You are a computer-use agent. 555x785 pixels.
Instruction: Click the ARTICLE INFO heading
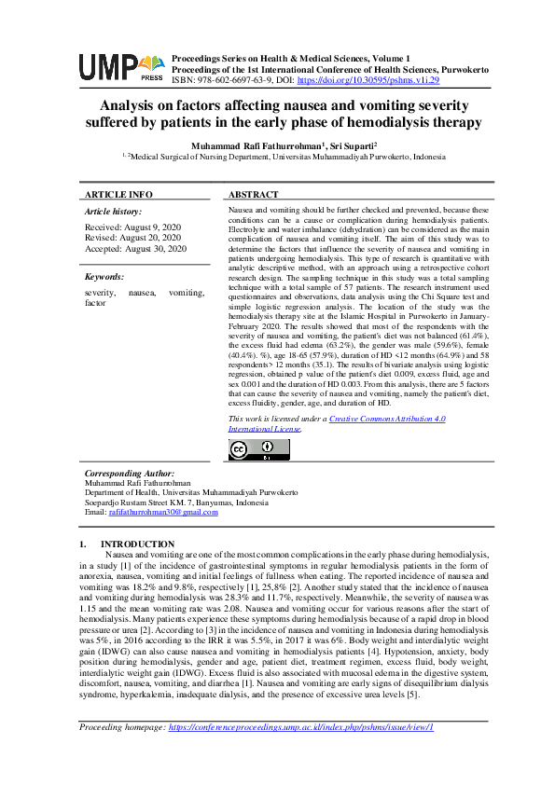(x=118, y=194)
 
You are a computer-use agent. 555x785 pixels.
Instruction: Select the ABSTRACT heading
(x=253, y=194)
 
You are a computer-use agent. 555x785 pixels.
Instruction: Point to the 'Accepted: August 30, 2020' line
(x=135, y=249)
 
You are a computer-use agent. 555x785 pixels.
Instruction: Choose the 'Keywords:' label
(x=104, y=277)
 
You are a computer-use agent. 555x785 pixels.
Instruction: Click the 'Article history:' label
(x=114, y=213)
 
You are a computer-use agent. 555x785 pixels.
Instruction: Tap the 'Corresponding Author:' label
(x=129, y=474)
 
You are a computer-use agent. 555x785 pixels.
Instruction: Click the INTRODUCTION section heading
(x=137, y=544)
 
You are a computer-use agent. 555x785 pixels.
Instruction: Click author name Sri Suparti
(x=351, y=145)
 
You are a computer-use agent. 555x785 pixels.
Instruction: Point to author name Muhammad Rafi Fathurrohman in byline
(x=257, y=145)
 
